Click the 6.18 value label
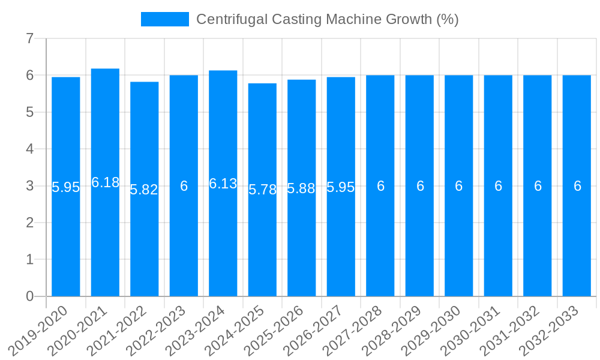click(x=105, y=182)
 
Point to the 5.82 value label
click(x=144, y=190)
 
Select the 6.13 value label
click(x=223, y=184)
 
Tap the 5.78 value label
click(x=262, y=190)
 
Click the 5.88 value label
click(x=301, y=188)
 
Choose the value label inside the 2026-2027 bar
click(x=341, y=187)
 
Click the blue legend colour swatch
click(x=164, y=19)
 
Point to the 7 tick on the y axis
click(x=29, y=38)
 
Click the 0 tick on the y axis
click(x=29, y=296)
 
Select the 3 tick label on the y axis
click(x=29, y=186)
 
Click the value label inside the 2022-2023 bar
click(x=184, y=186)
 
